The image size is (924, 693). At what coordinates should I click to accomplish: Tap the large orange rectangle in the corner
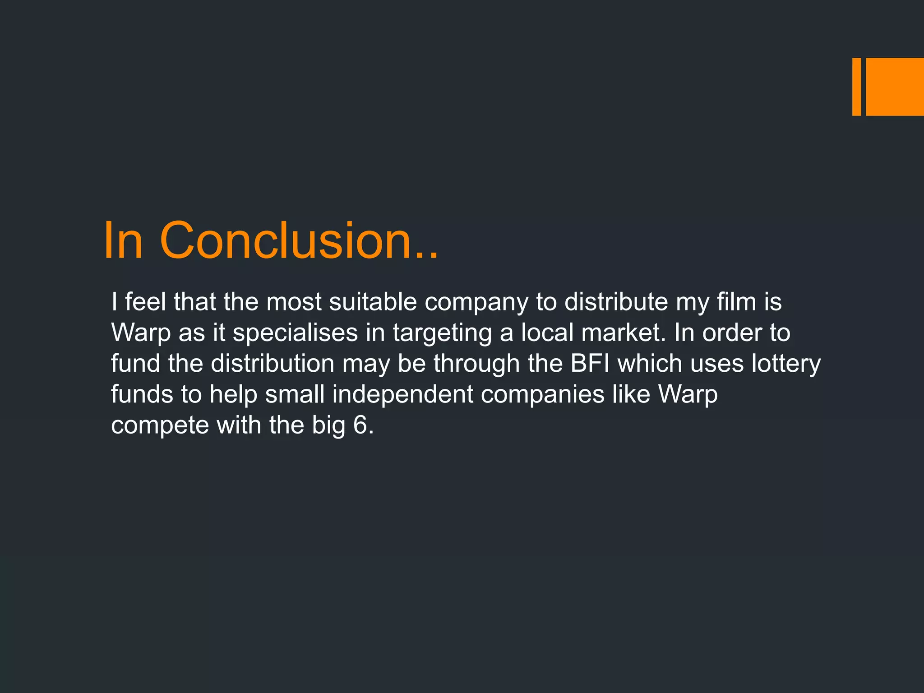(x=895, y=87)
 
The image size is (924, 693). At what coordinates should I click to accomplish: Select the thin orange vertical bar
(x=856, y=87)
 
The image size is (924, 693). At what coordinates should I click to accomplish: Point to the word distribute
(x=616, y=302)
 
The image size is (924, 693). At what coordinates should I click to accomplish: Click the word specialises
(x=295, y=333)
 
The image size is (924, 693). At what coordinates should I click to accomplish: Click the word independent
(x=402, y=395)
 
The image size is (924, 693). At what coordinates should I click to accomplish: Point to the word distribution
(x=273, y=364)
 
